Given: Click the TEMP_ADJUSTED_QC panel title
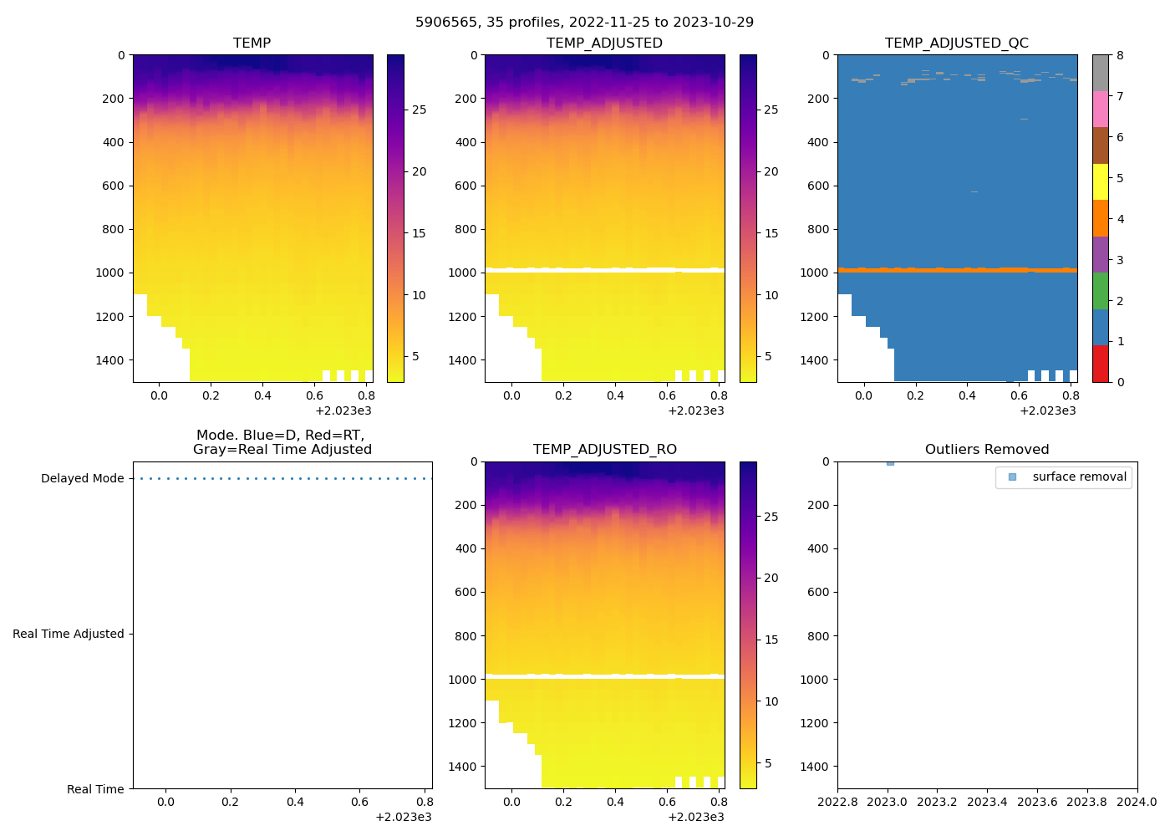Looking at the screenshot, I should click(957, 43).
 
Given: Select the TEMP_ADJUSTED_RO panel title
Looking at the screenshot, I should click(604, 450).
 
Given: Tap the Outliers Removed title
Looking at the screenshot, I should click(987, 450).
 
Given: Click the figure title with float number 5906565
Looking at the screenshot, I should click(584, 22).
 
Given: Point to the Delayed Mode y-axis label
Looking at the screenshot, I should click(82, 479).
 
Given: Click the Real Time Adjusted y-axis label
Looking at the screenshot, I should click(68, 635).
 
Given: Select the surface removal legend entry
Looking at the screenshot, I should click(1079, 477).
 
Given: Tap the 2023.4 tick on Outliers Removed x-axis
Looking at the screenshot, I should click(987, 803).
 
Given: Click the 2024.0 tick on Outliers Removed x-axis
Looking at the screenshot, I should click(1137, 803).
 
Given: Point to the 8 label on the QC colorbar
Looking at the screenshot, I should click(1120, 56).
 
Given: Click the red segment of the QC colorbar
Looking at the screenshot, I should click(1101, 364).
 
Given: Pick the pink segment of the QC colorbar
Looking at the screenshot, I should click(1101, 110).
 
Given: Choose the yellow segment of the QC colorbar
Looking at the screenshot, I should click(1101, 182).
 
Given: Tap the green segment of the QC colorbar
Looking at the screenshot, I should click(1101, 291).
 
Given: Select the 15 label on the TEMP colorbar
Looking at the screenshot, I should click(419, 233).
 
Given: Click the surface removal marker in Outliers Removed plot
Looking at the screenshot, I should click(890, 462).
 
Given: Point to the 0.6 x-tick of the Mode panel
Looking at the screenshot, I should click(359, 803).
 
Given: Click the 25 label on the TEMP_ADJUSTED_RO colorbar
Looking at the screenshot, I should click(771, 517).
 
